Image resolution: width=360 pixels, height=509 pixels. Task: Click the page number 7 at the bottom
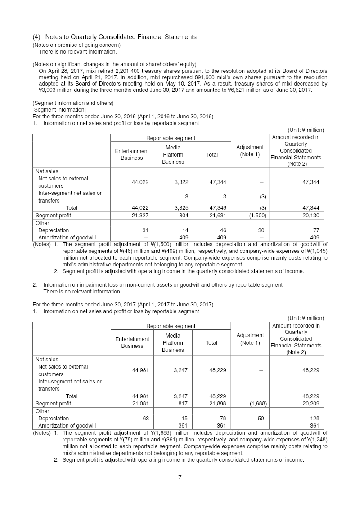(x=180, y=477)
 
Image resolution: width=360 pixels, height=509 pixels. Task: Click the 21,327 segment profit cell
(x=140, y=215)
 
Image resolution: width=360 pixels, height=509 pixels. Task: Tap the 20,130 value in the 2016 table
(x=310, y=215)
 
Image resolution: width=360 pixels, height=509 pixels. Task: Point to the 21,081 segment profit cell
(x=140, y=404)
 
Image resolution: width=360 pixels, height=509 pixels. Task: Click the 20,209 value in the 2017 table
(x=310, y=404)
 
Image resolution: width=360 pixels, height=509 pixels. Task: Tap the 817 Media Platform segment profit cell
(x=182, y=404)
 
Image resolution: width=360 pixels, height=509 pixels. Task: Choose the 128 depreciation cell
(x=315, y=418)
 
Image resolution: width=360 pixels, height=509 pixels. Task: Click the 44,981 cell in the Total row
(x=140, y=396)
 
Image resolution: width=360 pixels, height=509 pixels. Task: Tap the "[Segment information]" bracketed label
(x=59, y=110)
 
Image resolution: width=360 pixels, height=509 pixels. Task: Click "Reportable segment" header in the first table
(x=171, y=138)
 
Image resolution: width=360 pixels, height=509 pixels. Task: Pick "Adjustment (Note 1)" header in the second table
(x=250, y=338)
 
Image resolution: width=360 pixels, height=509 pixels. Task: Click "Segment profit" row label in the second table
(x=53, y=404)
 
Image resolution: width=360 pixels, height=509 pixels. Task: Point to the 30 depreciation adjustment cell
(x=262, y=230)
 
